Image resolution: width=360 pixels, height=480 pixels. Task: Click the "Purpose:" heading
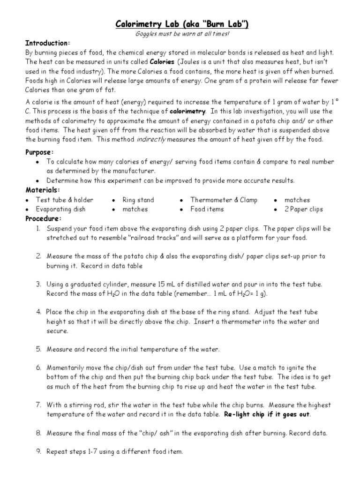point(39,152)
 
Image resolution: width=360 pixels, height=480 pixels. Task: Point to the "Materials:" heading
point(42,190)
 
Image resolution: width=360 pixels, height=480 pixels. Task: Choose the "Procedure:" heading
point(43,218)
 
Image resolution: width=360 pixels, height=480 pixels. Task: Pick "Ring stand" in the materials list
point(138,200)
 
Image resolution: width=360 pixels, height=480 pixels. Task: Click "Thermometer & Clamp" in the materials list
point(224,200)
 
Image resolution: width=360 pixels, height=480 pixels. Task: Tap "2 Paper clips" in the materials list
point(304,209)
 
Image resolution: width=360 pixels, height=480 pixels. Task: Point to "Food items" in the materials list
point(207,209)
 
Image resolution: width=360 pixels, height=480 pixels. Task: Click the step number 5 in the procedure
point(38,349)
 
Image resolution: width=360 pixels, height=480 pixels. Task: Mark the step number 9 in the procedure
point(38,452)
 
